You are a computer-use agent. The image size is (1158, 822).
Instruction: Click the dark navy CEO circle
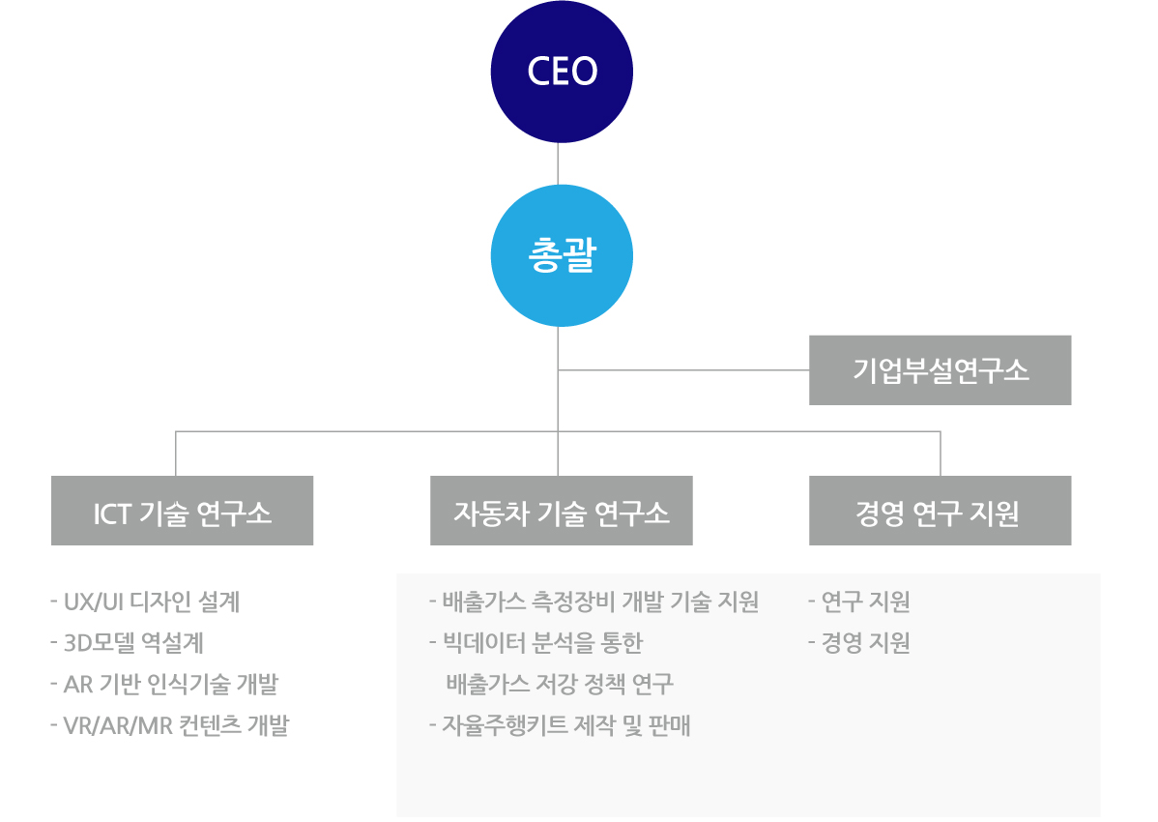[562, 72]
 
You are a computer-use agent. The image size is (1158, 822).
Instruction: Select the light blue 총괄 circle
[562, 256]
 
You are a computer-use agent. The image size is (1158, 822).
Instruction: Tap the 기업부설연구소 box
[940, 370]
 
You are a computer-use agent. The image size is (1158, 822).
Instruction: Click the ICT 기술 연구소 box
[182, 511]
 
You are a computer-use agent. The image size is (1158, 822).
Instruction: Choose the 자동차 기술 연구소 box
[561, 511]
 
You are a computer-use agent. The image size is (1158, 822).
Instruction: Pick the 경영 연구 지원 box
[940, 511]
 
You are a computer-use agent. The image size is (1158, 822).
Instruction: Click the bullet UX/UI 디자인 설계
[145, 602]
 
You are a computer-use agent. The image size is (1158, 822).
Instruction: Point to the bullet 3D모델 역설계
[127, 643]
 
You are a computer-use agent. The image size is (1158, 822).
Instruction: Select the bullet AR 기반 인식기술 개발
[163, 685]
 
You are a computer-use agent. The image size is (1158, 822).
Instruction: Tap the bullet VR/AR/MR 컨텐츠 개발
[169, 725]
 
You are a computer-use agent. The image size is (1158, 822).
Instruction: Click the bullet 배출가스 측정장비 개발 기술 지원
[593, 602]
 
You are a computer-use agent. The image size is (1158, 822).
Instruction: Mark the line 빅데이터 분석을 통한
[536, 643]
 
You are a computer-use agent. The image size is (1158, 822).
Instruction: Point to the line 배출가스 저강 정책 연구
[560, 685]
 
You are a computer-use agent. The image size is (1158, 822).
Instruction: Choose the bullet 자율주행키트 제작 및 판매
[560, 725]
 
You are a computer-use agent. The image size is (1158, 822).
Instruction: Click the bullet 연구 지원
[859, 602]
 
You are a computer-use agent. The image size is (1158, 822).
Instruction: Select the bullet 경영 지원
[859, 643]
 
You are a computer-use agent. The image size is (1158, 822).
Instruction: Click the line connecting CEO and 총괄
[559, 163]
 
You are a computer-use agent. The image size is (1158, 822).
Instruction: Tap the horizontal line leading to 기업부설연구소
[683, 370]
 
